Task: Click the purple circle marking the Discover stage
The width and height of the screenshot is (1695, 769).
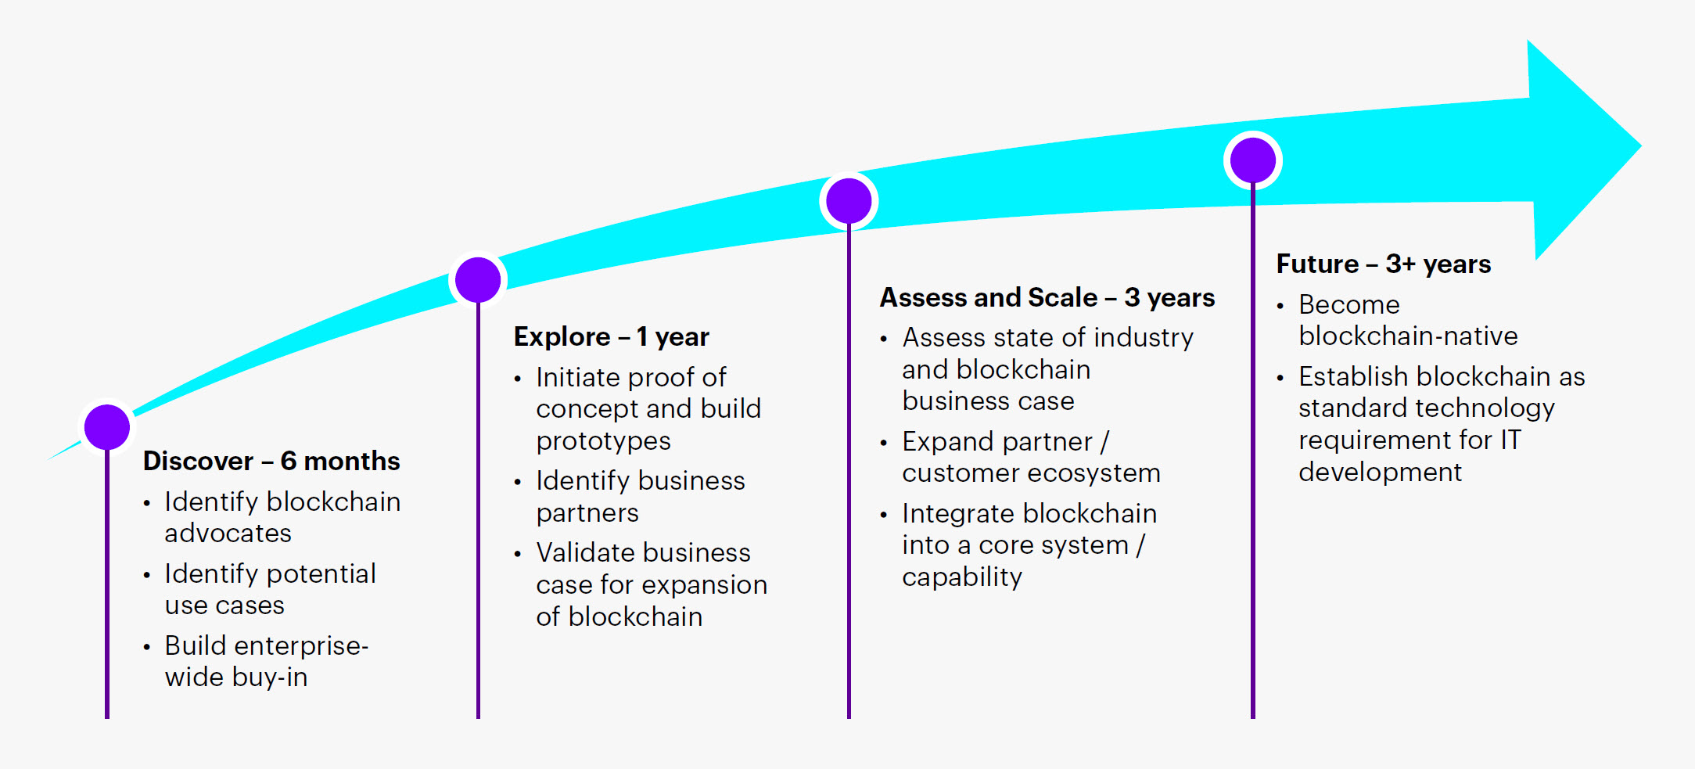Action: coord(107,427)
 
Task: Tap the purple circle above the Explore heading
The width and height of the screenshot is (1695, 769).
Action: coord(478,279)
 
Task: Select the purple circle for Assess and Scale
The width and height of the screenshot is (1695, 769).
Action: coord(849,201)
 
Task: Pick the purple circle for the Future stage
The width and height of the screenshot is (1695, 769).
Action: coord(1253,160)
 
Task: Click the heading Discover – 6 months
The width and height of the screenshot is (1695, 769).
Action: coord(271,461)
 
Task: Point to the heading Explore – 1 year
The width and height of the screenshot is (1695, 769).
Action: coord(611,336)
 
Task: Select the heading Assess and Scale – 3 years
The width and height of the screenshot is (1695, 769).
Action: coord(1047,297)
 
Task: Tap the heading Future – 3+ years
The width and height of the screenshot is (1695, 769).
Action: coord(1383,264)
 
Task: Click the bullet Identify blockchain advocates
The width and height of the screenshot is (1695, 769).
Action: coord(282,517)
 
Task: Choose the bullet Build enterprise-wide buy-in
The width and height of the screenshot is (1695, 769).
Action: coord(266,661)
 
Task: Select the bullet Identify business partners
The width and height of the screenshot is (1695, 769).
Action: coord(640,496)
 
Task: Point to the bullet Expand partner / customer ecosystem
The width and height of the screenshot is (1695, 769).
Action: coord(1030,457)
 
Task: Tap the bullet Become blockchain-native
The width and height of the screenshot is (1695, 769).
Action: coord(1407,320)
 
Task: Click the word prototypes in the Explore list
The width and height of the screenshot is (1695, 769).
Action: coord(603,441)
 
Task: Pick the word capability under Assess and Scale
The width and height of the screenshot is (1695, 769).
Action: coord(961,577)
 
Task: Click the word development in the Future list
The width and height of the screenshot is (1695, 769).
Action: coord(1380,473)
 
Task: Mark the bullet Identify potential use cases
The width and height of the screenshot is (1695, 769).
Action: coord(270,589)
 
